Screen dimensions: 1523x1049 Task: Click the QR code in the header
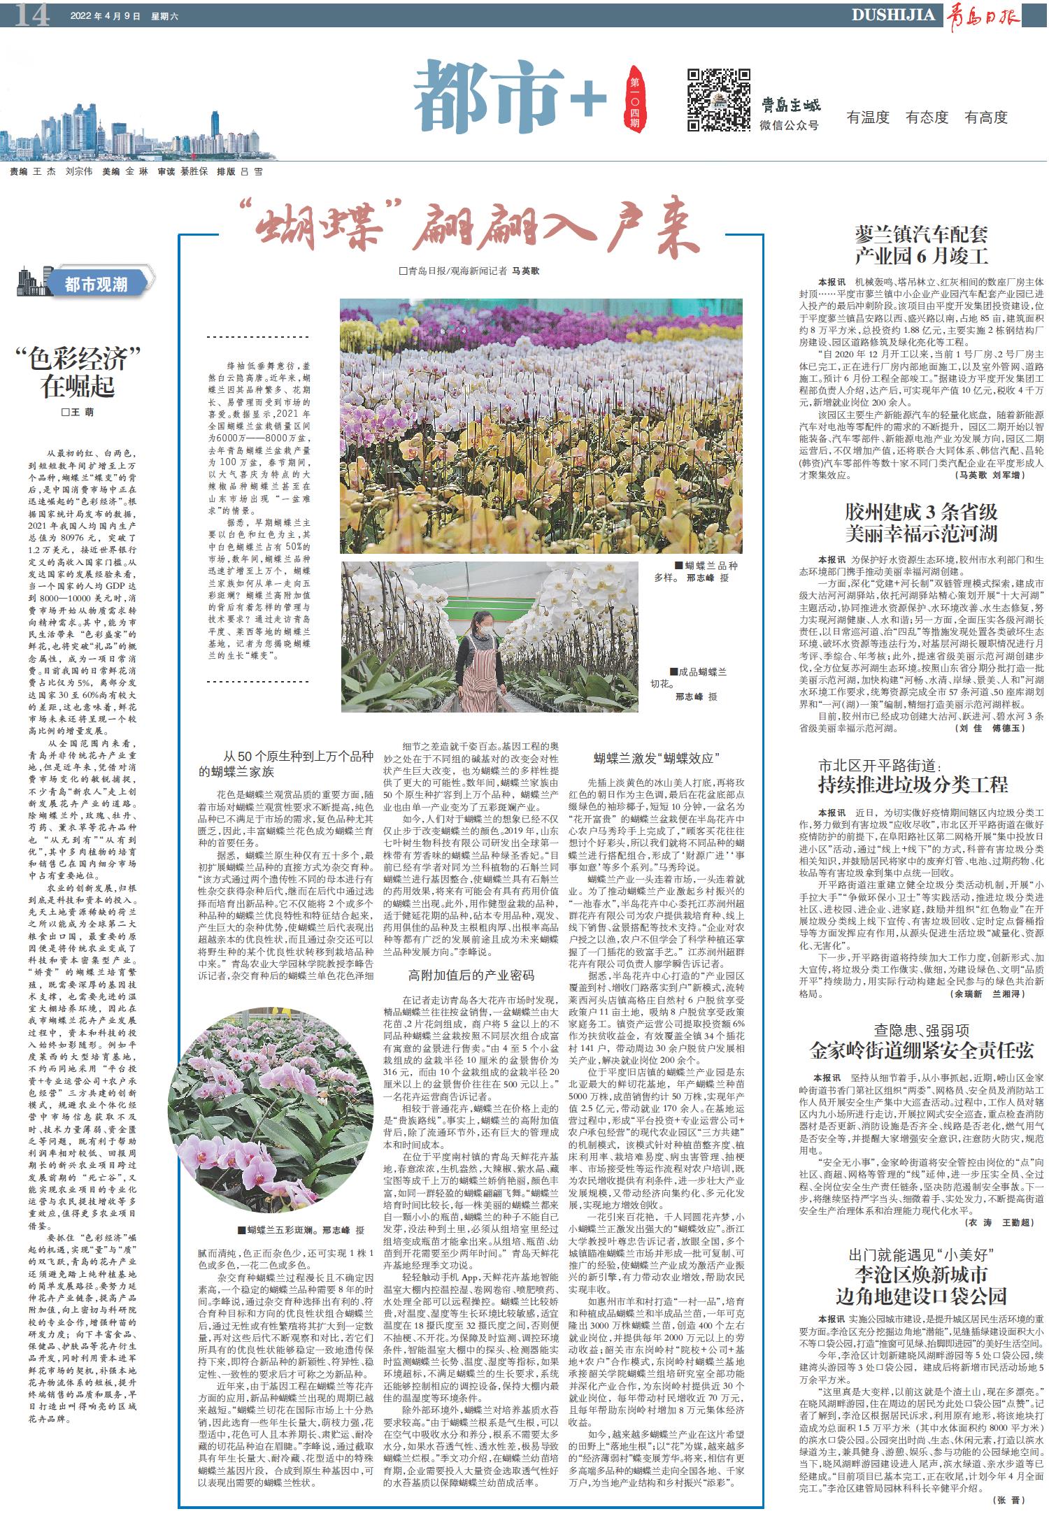pyautogui.click(x=718, y=99)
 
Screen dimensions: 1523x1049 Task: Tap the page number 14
pyautogui.click(x=32, y=15)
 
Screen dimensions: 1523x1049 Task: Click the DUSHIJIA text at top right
pyautogui.click(x=893, y=15)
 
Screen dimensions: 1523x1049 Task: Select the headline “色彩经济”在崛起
pyautogui.click(x=77, y=372)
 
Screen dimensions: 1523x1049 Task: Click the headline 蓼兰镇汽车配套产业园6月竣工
pyautogui.click(x=921, y=244)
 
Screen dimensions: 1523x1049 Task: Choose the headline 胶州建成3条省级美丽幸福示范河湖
pyautogui.click(x=921, y=522)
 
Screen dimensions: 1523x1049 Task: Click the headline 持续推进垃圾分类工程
pyautogui.click(x=913, y=785)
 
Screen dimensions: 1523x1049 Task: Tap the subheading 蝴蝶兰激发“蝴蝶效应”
pyautogui.click(x=657, y=759)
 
